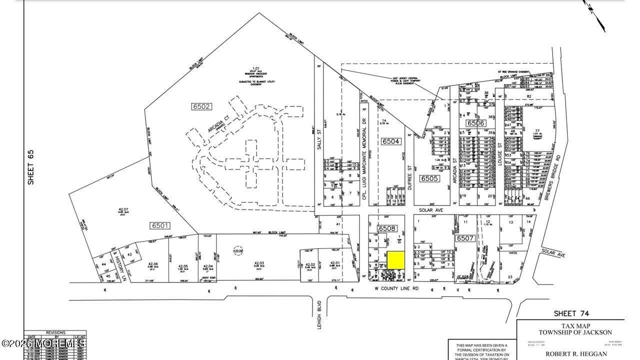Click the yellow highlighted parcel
[x=396, y=259]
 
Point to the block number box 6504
[x=390, y=141]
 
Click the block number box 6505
[x=429, y=178]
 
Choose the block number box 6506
[x=476, y=123]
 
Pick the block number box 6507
[x=465, y=238]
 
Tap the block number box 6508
[x=386, y=228]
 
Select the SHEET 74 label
[x=571, y=313]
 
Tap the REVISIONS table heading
[x=55, y=332]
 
